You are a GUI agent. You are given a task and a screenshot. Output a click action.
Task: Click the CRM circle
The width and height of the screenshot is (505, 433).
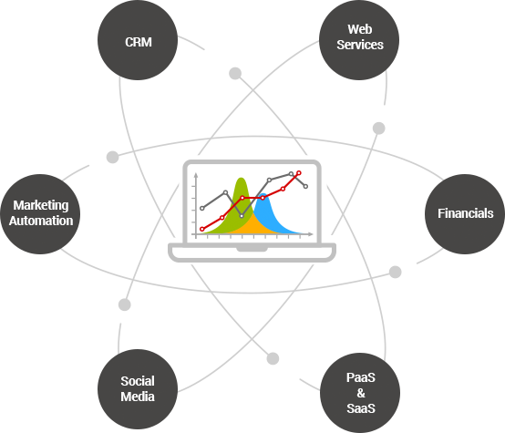pyautogui.click(x=138, y=42)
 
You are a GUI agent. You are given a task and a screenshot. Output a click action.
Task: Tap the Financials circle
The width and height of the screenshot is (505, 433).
pyautogui.click(x=465, y=214)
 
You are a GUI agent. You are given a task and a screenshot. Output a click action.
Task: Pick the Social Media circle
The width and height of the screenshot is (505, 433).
pyautogui.click(x=138, y=389)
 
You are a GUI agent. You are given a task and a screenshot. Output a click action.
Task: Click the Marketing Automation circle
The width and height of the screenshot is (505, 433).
pyautogui.click(x=41, y=213)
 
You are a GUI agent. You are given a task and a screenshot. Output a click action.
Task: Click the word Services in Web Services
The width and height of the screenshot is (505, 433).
pyautogui.click(x=360, y=45)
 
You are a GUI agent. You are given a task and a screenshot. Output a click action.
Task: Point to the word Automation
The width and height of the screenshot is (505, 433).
pyautogui.click(x=42, y=221)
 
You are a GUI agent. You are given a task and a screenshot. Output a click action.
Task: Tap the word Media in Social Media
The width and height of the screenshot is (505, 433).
pyautogui.click(x=138, y=397)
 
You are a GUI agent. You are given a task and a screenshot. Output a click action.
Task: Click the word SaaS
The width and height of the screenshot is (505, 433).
pyautogui.click(x=360, y=407)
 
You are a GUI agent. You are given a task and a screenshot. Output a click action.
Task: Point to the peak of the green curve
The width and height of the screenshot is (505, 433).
pyautogui.click(x=241, y=178)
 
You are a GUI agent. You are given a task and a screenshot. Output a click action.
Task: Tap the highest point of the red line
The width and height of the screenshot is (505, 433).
pyautogui.click(x=299, y=172)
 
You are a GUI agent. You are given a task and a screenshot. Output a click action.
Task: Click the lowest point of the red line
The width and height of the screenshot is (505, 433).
pyautogui.click(x=202, y=228)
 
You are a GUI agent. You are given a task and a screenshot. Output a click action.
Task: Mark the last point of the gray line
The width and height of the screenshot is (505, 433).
pyautogui.click(x=305, y=186)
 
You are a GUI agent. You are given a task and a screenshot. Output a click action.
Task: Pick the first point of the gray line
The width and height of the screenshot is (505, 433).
pyautogui.click(x=202, y=209)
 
